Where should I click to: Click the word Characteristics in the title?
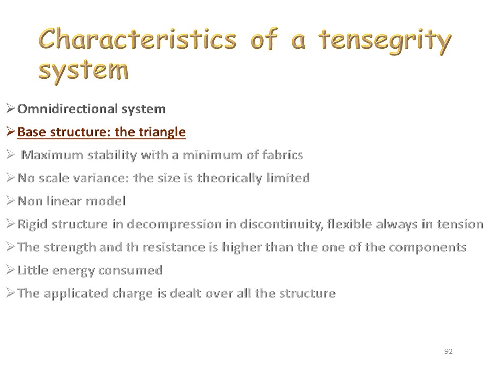[x=138, y=39]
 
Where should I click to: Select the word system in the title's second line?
[x=83, y=71]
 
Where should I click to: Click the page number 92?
[x=449, y=351]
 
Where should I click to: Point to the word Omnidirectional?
[x=68, y=109]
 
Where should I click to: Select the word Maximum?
[x=52, y=155]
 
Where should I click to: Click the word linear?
[x=64, y=201]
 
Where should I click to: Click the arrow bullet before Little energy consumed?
[x=10, y=270]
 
